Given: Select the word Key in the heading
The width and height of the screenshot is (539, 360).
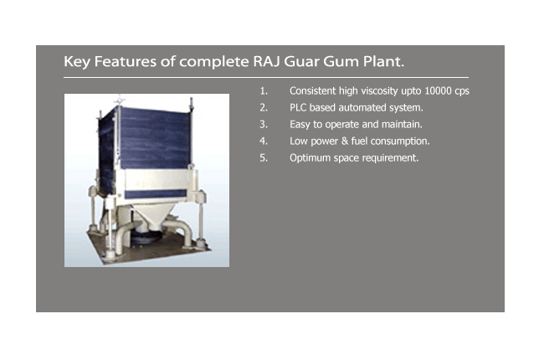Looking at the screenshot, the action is [77, 62].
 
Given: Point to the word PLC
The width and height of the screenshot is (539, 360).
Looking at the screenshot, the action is [298, 108].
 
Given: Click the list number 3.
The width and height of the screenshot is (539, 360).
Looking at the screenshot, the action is [264, 125].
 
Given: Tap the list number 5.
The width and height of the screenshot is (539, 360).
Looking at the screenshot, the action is [264, 158].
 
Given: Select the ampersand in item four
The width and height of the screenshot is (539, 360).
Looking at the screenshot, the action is [345, 141].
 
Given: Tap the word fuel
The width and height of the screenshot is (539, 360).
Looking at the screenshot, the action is [359, 141].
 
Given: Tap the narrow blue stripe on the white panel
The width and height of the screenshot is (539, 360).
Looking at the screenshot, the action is [156, 193].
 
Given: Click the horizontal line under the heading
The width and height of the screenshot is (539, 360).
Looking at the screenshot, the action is [266, 78].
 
